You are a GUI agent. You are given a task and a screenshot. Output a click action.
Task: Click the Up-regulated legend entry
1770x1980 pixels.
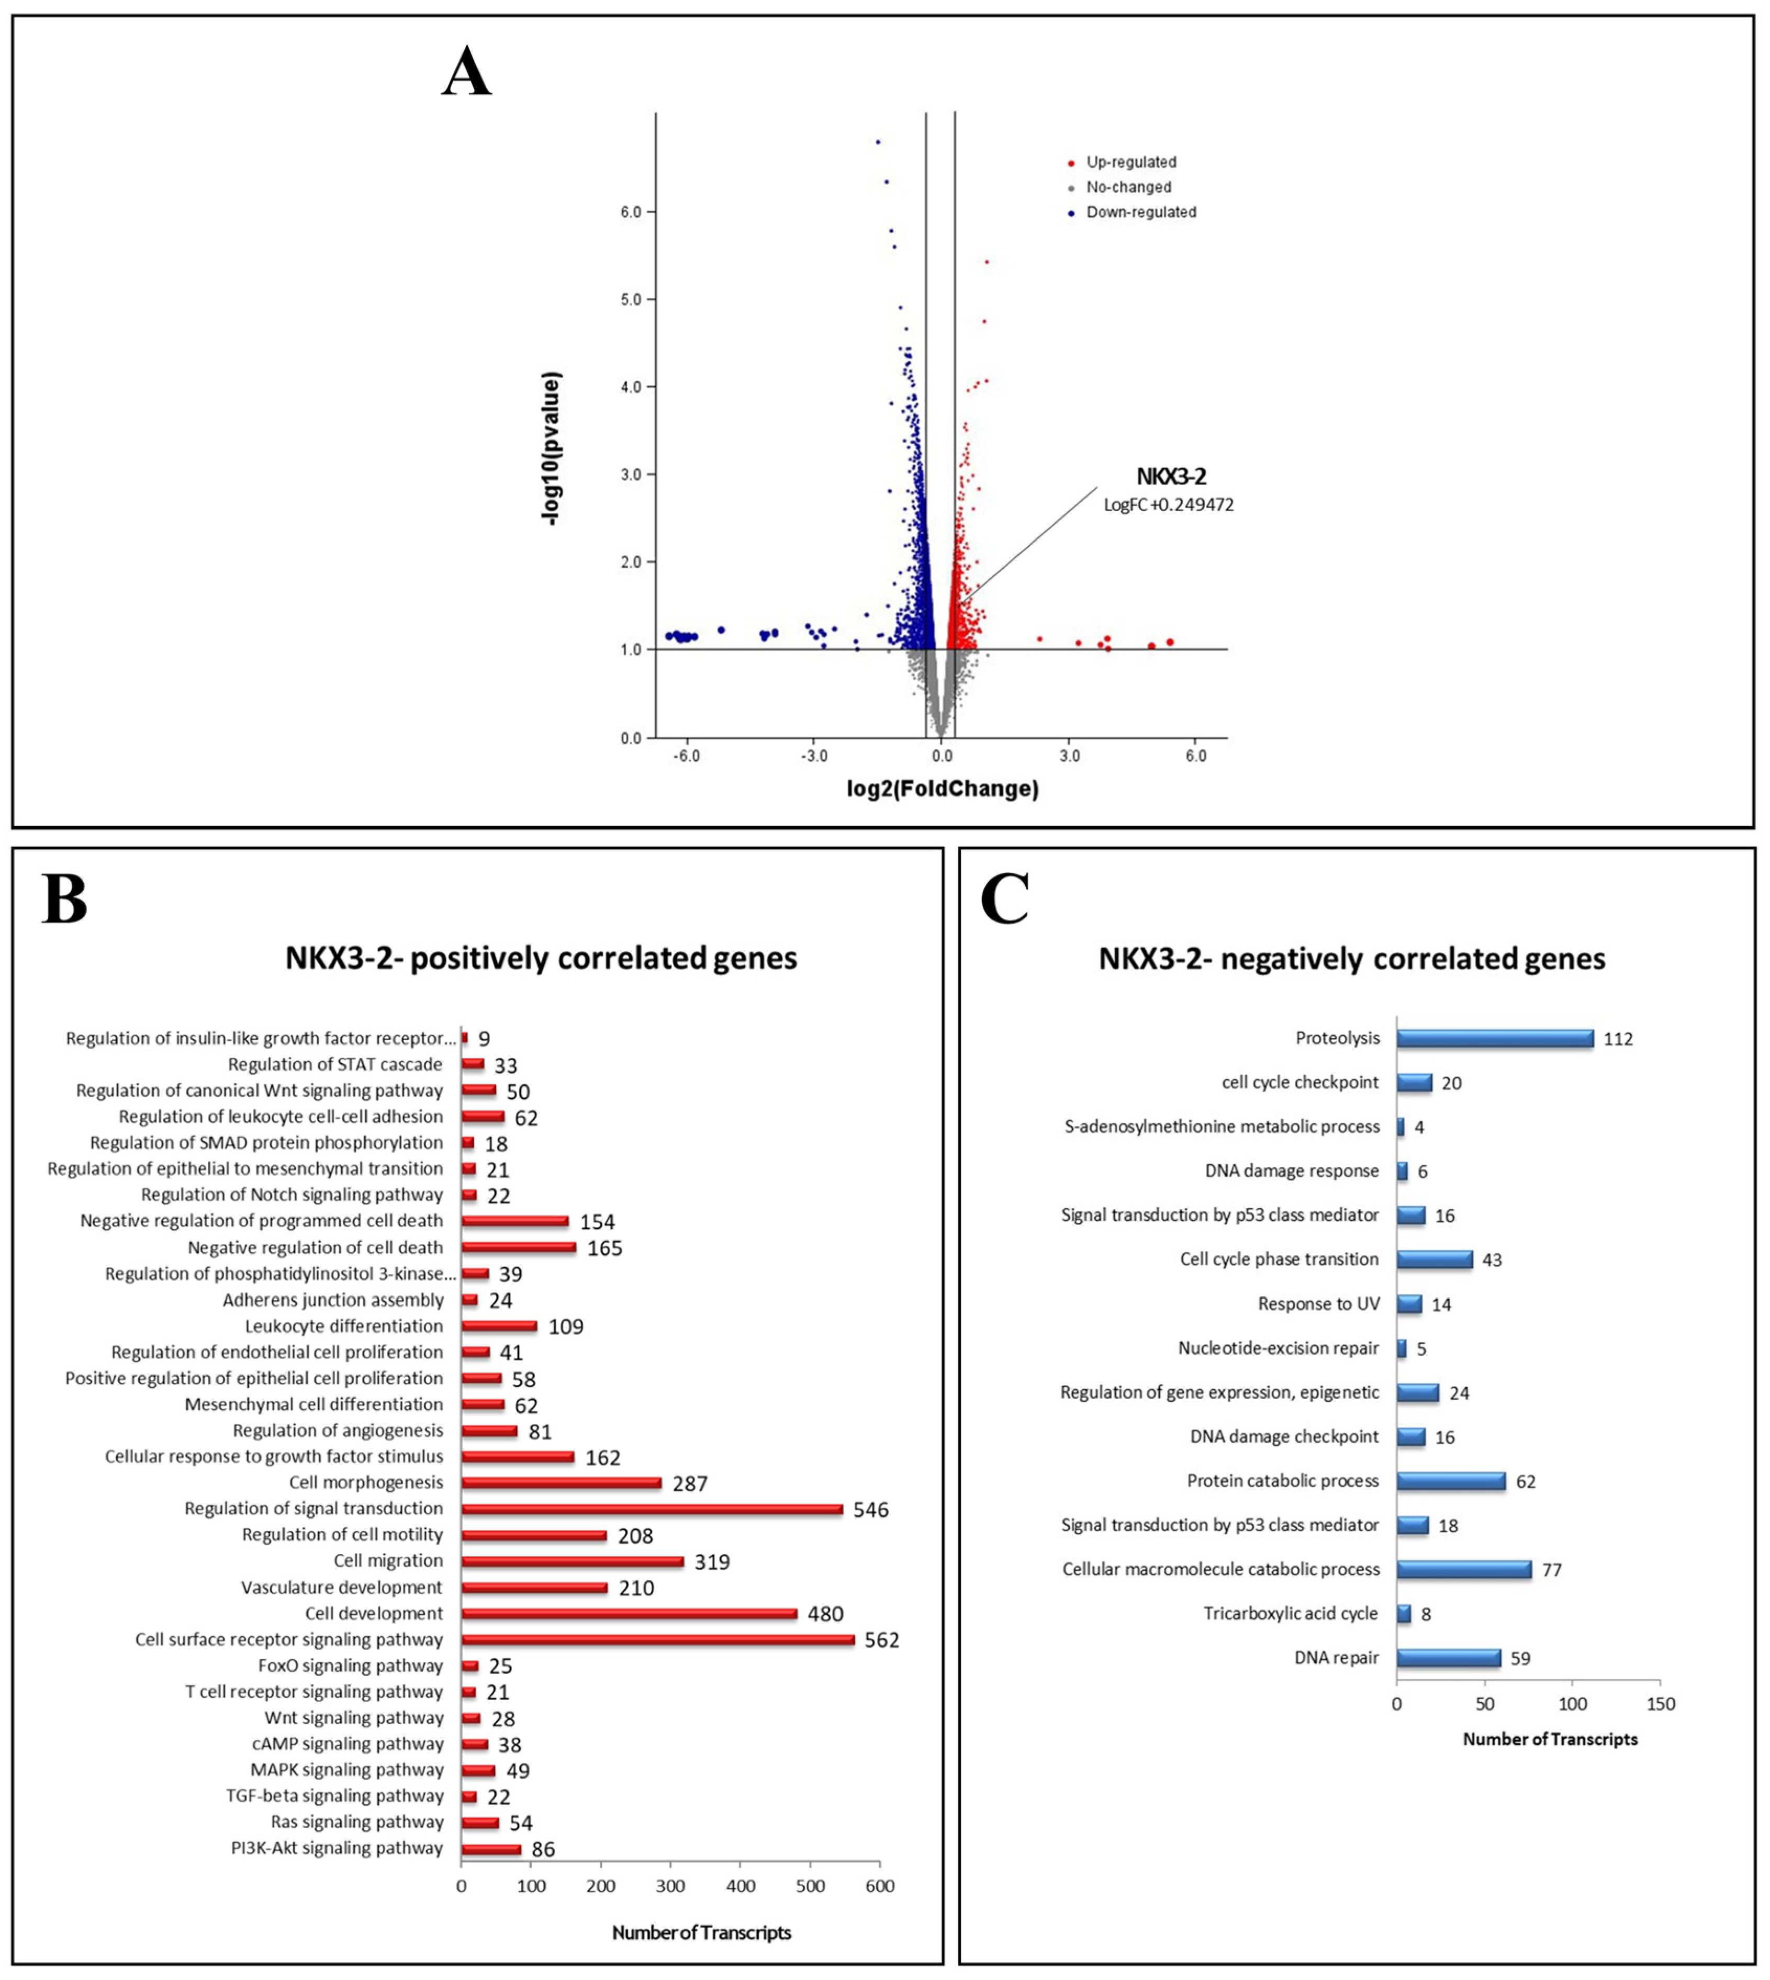tap(1130, 162)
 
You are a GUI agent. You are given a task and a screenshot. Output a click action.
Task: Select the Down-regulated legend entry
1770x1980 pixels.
tap(1140, 212)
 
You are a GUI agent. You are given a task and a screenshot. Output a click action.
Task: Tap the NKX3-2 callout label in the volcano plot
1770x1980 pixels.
tap(1171, 477)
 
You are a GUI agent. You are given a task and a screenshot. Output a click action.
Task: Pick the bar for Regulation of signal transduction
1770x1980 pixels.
tap(652, 1509)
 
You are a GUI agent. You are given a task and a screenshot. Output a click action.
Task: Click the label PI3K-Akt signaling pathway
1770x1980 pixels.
tap(337, 1848)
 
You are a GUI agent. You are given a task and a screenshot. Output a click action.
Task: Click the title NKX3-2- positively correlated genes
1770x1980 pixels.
tap(541, 958)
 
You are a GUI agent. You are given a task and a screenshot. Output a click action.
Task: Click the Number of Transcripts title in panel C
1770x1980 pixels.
tap(1550, 1739)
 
